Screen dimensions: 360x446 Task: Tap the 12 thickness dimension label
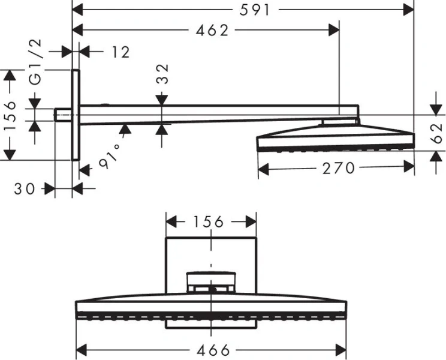tap(120, 52)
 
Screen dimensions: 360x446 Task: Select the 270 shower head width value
tap(339, 169)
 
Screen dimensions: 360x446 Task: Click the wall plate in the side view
tap(76, 115)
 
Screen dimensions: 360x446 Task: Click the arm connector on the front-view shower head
tap(211, 281)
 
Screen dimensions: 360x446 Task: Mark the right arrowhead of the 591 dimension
tap(409, 10)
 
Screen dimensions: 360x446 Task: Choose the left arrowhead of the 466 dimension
tap(82, 349)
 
